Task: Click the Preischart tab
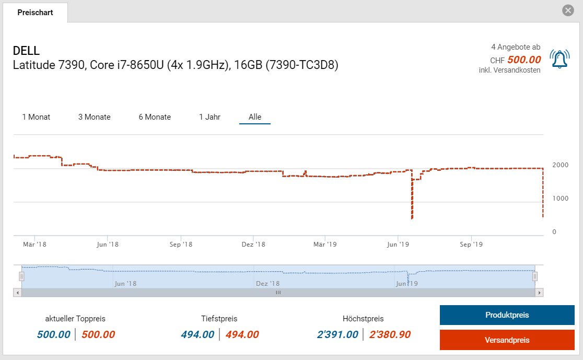(x=35, y=13)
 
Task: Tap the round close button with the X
(x=568, y=10)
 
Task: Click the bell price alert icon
(x=559, y=59)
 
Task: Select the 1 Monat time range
(x=36, y=117)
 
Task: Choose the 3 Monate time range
(x=95, y=117)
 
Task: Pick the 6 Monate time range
(x=155, y=117)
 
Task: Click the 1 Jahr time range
(x=209, y=117)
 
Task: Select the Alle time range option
(x=255, y=117)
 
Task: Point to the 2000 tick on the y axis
(x=561, y=165)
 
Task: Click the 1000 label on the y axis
(x=561, y=199)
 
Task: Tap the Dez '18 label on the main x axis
(x=254, y=244)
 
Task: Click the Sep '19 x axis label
(x=471, y=244)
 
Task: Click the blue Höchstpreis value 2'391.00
(x=337, y=334)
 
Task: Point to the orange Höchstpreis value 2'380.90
(x=390, y=334)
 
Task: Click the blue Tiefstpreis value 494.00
(x=197, y=334)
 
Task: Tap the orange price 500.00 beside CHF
(x=524, y=60)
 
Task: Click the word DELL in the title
(x=27, y=51)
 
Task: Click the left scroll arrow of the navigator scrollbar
(x=18, y=293)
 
